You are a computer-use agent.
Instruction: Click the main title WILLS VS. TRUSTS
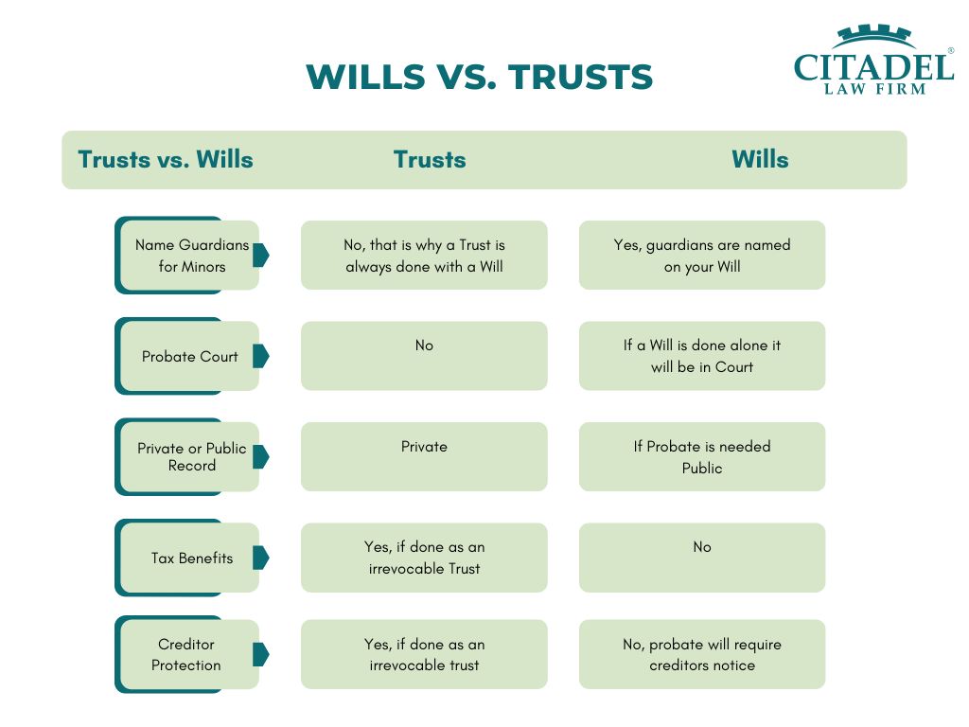point(480,77)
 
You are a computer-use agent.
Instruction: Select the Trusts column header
point(430,159)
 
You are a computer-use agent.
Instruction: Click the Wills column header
point(759,159)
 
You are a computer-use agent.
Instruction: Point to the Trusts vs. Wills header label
point(166,159)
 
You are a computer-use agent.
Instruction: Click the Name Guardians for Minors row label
point(191,256)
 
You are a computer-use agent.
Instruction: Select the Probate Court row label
point(190,357)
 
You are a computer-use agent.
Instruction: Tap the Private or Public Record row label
point(191,456)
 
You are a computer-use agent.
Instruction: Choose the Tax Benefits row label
point(191,559)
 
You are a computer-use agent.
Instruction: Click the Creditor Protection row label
point(186,655)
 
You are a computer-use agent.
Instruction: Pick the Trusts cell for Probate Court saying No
point(424,356)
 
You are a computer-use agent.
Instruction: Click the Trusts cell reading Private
point(424,456)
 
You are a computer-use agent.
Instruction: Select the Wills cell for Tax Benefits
point(702,558)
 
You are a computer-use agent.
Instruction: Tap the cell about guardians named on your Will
point(702,255)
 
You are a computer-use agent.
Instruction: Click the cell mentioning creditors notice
point(702,654)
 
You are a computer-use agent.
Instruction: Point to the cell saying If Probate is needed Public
point(702,456)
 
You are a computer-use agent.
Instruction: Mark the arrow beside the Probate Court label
point(260,356)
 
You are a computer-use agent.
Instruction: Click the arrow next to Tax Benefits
point(260,558)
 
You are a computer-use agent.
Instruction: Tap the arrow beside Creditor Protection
point(260,654)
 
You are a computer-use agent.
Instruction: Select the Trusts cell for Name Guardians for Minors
point(424,255)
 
